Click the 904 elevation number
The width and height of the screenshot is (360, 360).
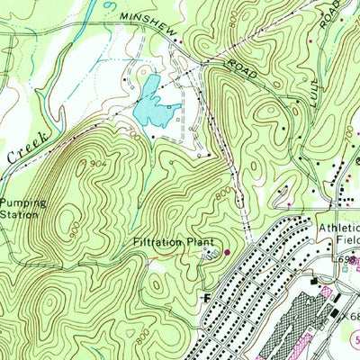[100, 162]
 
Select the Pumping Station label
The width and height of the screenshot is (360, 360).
[20, 209]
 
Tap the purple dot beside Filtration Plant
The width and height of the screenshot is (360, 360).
[226, 251]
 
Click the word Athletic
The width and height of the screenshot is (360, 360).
[337, 228]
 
